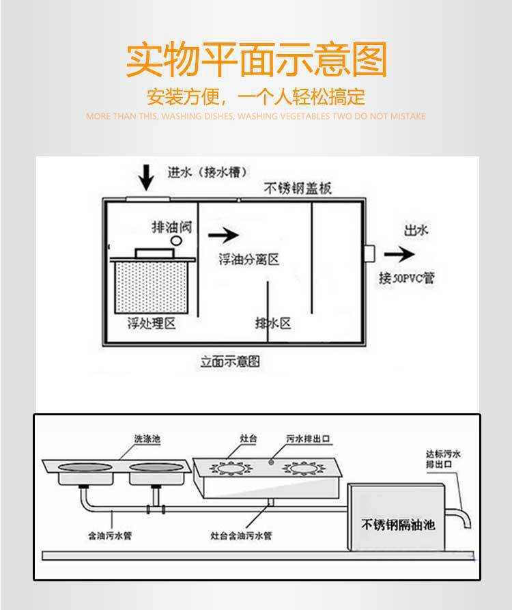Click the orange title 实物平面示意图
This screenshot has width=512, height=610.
[256, 60]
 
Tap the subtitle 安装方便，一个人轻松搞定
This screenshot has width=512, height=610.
[256, 96]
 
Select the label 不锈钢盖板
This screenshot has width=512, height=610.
[298, 189]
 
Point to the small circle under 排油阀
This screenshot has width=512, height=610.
[175, 240]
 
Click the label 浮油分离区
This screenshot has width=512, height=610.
[249, 260]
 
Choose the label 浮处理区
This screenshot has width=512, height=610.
[152, 323]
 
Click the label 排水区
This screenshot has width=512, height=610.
[273, 323]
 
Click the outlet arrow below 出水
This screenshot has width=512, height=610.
[399, 254]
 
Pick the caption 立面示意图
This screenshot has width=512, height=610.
[230, 360]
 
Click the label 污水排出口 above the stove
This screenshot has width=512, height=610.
[307, 438]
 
